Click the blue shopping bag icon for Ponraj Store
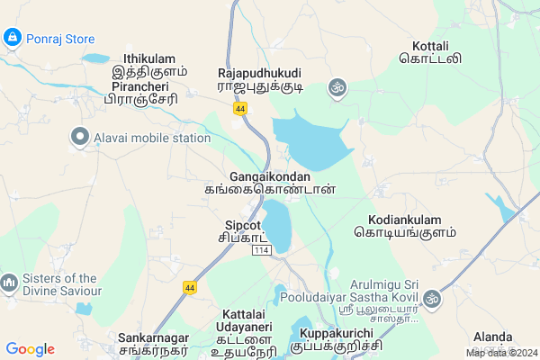pos(13,39)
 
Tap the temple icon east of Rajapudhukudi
pos(338,87)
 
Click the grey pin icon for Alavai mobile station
pos(79,138)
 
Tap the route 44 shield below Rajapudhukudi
pos(239,108)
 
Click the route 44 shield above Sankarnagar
pos(189,287)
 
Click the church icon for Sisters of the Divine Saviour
pos(10,283)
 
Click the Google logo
pos(30,349)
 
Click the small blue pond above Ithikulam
pos(94,58)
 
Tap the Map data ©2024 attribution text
pos(500,353)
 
